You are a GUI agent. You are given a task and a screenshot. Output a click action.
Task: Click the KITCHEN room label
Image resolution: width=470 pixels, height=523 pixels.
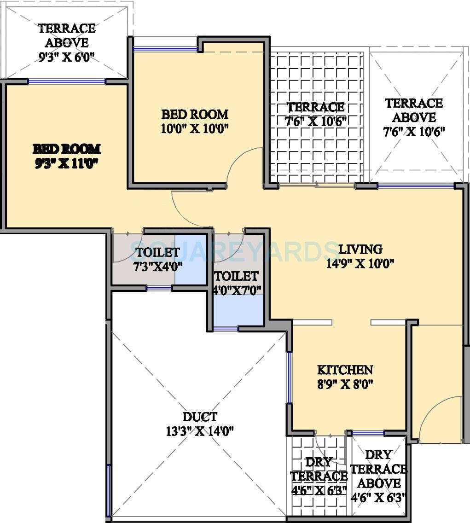click(x=345, y=370)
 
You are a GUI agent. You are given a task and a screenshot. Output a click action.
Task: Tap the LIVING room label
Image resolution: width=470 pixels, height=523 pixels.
click(x=360, y=250)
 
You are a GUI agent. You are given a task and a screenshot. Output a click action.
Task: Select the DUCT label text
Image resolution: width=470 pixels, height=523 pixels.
click(x=200, y=417)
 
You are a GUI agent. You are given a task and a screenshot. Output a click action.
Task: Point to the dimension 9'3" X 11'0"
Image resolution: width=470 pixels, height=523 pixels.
click(x=67, y=163)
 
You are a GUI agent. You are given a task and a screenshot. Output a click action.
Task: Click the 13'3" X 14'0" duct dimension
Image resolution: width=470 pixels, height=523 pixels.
click(x=200, y=431)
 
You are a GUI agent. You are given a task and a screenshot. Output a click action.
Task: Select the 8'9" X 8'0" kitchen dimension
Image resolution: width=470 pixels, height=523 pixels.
click(x=345, y=384)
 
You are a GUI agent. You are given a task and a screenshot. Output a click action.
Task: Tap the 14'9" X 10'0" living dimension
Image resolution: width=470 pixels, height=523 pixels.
click(x=360, y=264)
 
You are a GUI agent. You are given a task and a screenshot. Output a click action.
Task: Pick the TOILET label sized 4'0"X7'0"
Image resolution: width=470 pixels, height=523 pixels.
click(x=236, y=276)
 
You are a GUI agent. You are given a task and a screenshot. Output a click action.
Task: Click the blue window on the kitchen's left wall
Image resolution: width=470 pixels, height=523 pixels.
click(x=289, y=378)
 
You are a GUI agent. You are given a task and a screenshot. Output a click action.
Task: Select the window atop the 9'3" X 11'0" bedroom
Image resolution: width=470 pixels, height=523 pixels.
click(x=67, y=81)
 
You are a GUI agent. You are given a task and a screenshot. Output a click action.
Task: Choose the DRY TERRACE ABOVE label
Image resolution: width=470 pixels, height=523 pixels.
click(x=378, y=469)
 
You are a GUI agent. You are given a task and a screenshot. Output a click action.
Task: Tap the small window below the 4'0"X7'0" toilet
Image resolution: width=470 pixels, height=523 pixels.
click(x=226, y=329)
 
